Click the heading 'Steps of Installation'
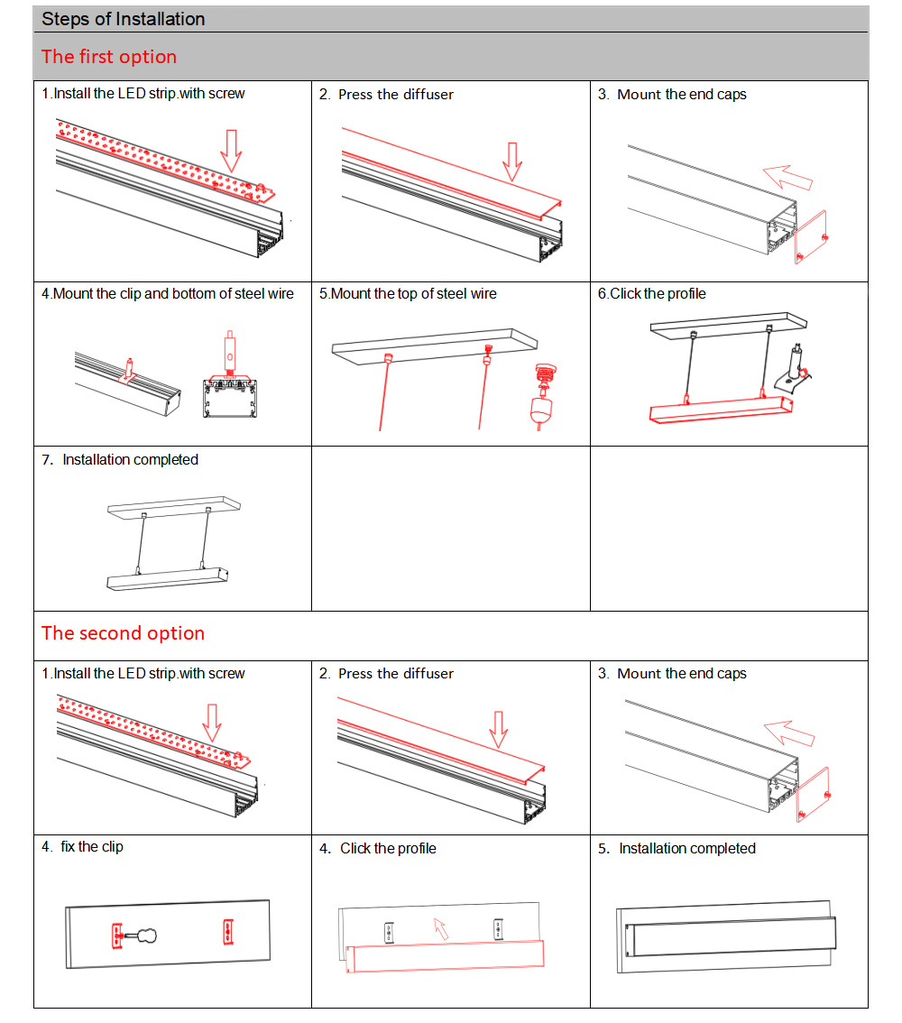click(x=124, y=19)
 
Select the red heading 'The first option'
click(x=108, y=57)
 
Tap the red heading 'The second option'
click(x=123, y=633)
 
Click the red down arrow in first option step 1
click(x=233, y=150)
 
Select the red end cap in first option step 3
click(x=811, y=237)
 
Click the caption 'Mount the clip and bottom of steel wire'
click(x=168, y=294)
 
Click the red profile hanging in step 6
click(x=721, y=410)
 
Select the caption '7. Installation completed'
click(x=120, y=460)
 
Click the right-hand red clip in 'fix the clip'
click(x=227, y=932)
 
